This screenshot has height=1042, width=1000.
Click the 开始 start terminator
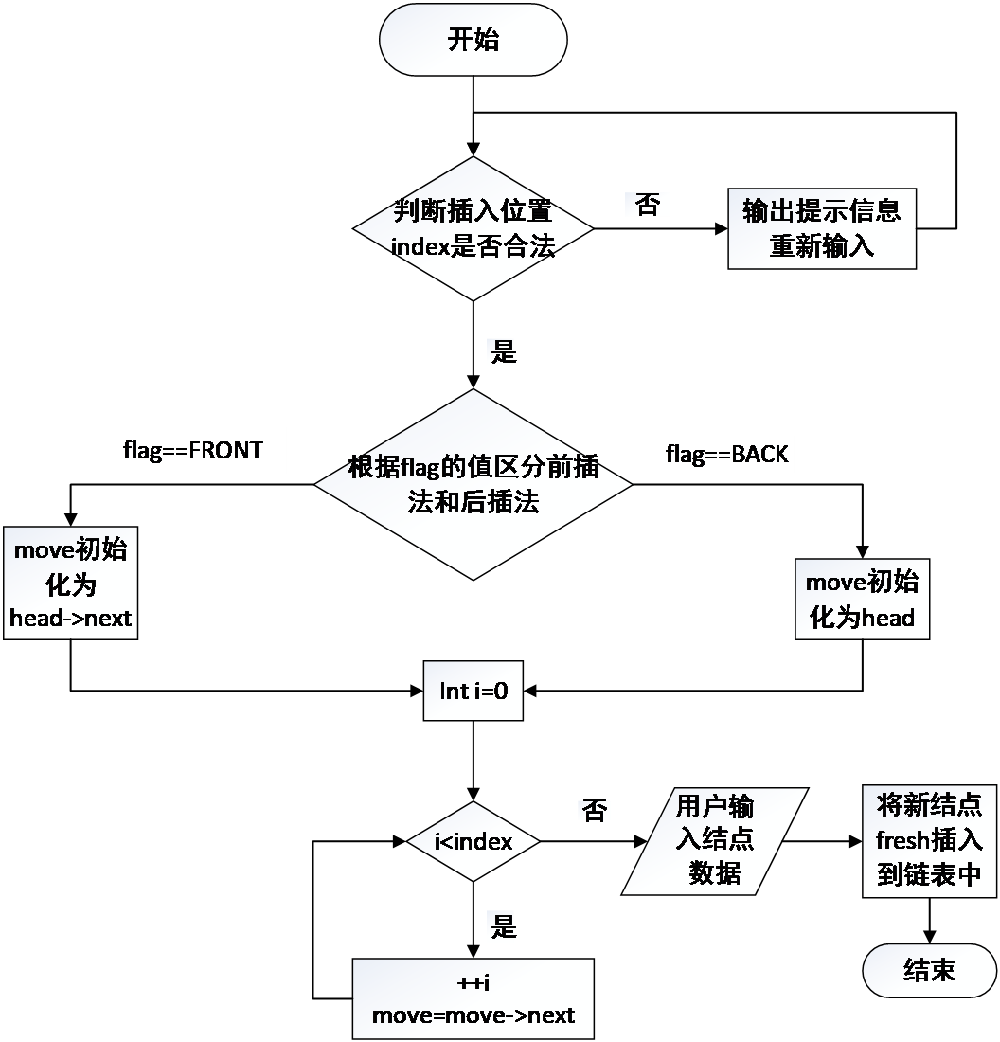pos(473,40)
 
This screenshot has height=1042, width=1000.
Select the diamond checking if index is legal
pos(473,228)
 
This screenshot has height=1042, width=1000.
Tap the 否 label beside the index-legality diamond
pos(648,205)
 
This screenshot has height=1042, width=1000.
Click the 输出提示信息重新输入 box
pos(821,228)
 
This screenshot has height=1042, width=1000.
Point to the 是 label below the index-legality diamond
pos(501,352)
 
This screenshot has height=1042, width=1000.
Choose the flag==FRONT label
pos(192,450)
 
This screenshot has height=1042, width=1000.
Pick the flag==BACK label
pos(726,455)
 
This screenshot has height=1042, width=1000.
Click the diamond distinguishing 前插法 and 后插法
pos(473,484)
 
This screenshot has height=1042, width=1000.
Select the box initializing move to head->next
pos(70,583)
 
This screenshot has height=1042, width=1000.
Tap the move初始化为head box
pos(861,599)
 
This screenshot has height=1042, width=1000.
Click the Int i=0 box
pos(473,691)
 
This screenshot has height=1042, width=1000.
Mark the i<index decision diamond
pos(473,841)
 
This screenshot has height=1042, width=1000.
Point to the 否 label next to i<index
pos(594,811)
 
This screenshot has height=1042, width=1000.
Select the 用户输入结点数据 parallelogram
pos(714,841)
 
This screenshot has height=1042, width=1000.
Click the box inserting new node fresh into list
pos(929,840)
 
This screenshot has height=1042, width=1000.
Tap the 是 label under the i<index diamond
pos(501,926)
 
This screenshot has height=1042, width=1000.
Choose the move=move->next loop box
pos(473,999)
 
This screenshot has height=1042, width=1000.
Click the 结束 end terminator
pos(929,970)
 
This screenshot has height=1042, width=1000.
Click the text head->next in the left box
pos(70,619)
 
